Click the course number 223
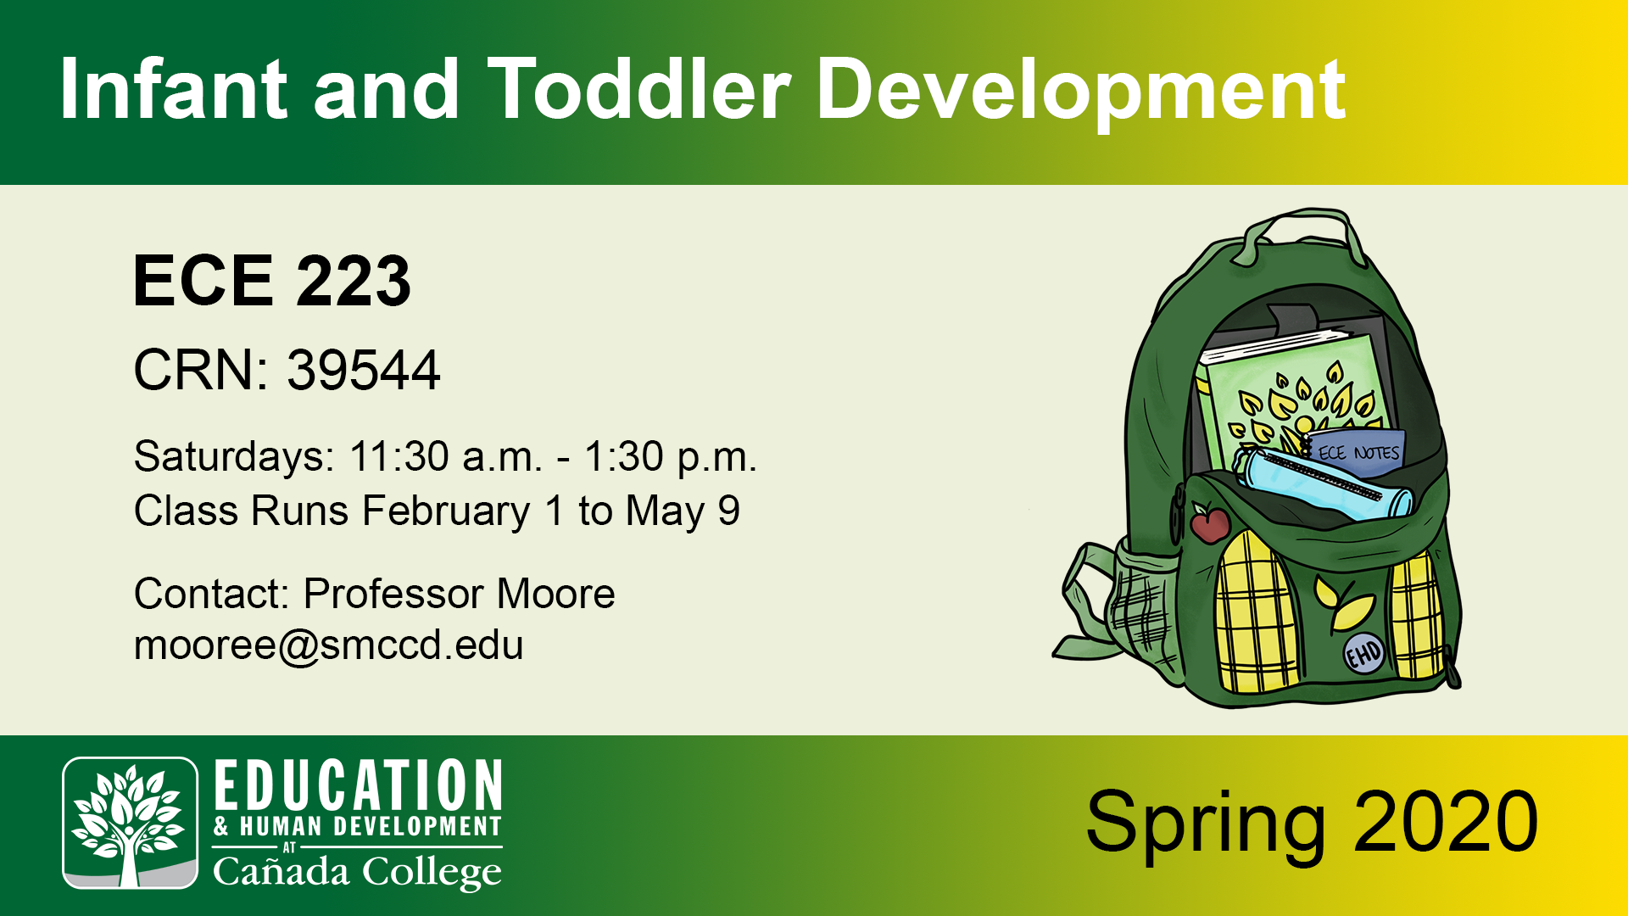[354, 281]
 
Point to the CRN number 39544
[364, 370]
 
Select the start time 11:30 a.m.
[445, 456]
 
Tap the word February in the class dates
[446, 511]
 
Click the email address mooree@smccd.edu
[329, 646]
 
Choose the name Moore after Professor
[555, 594]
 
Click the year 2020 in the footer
[1446, 821]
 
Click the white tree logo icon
[130, 823]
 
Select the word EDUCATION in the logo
[358, 785]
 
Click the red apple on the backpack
[1210, 522]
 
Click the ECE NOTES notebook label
[1358, 453]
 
